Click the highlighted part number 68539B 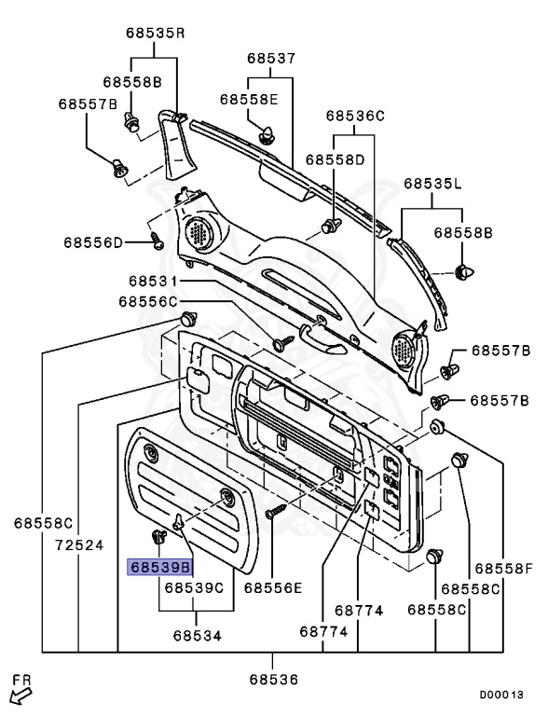pyautogui.click(x=160, y=568)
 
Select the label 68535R pyautogui.click(x=156, y=34)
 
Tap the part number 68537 pyautogui.click(x=272, y=59)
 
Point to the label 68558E pyautogui.click(x=249, y=100)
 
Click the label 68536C pyautogui.click(x=355, y=116)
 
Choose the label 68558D pyautogui.click(x=336, y=159)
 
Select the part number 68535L pyautogui.click(x=433, y=184)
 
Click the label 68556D pyautogui.click(x=93, y=242)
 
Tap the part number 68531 pyautogui.click(x=153, y=281)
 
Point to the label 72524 pyautogui.click(x=80, y=545)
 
